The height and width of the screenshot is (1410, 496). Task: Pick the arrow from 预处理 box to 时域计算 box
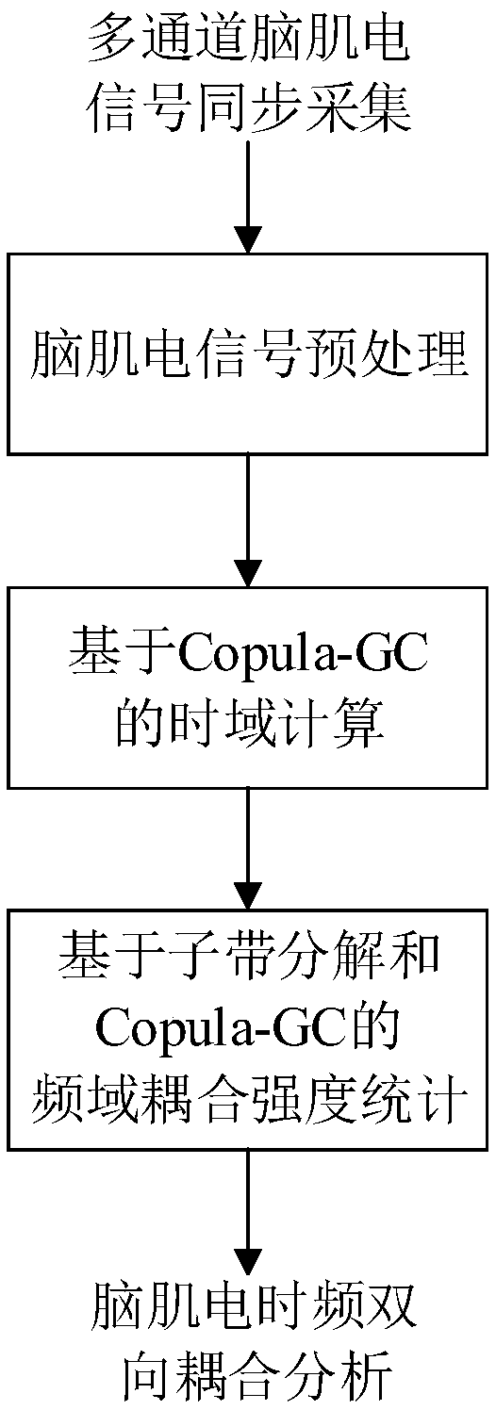pyautogui.click(x=248, y=520)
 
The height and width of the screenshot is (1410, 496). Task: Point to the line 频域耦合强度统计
pyautogui.click(x=249, y=1095)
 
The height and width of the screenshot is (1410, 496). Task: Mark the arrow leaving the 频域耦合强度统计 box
pyautogui.click(x=248, y=1205)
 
